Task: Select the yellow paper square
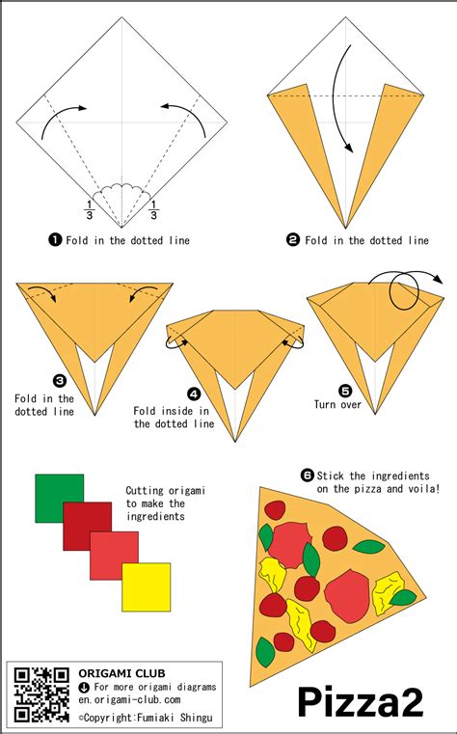146,586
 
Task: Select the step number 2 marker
293,239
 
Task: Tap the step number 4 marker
194,394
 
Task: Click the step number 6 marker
308,475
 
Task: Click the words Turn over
337,404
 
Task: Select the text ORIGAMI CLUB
114,673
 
